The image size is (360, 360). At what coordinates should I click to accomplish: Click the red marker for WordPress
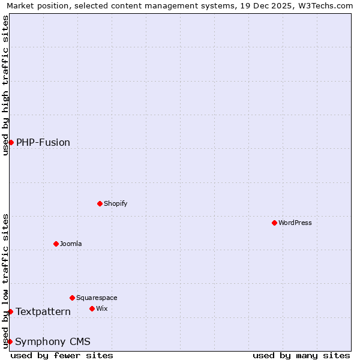274,223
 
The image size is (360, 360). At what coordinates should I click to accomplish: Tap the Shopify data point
100,203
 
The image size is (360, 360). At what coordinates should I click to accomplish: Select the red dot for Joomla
56,244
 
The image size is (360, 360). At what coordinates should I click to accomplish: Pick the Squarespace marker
72,298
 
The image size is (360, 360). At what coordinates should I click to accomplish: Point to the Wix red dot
92,308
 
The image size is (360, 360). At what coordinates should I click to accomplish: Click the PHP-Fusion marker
11,142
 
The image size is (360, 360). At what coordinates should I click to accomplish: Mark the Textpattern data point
10,311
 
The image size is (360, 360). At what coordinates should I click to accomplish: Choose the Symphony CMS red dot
10,341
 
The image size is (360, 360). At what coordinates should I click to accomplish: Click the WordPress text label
295,223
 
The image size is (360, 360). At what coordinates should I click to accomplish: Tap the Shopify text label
116,203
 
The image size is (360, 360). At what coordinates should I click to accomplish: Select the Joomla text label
71,244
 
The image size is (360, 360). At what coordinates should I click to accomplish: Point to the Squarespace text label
97,298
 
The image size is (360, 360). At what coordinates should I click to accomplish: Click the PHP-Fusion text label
43,142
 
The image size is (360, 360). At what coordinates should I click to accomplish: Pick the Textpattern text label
43,311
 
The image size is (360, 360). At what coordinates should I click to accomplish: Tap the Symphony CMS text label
53,341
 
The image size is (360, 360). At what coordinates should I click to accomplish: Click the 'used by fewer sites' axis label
62,355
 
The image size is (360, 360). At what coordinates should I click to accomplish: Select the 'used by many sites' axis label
301,355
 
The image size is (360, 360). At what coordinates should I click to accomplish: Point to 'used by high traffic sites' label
5,85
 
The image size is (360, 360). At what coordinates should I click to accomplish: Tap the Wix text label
102,308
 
